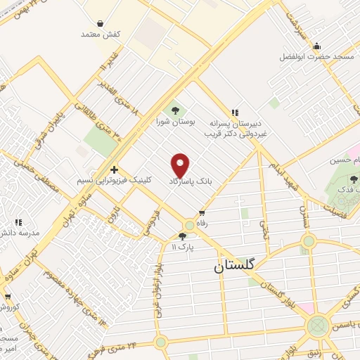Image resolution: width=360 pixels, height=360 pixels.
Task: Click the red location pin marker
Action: [181, 165]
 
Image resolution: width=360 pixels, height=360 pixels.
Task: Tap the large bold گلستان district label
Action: [236, 266]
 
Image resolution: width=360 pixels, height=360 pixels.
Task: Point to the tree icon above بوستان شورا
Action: [174, 110]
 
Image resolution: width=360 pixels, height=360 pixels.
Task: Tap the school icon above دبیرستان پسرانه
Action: [235, 112]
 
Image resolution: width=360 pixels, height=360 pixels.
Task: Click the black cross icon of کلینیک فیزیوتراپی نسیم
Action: [114, 170]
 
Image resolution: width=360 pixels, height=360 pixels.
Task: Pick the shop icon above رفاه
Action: [202, 212]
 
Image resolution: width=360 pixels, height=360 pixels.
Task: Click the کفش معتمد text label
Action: [101, 34]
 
